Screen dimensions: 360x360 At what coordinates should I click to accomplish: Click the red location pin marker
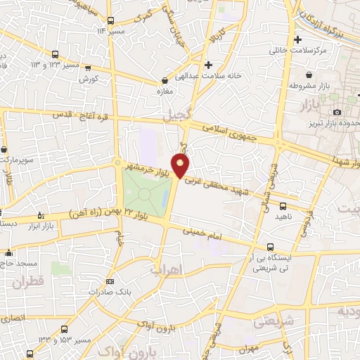pos(181,166)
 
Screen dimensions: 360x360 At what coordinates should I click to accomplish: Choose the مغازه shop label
pos(166,91)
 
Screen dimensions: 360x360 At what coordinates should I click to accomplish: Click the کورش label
pos(88,79)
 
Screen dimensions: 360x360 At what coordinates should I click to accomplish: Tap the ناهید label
pos(283,218)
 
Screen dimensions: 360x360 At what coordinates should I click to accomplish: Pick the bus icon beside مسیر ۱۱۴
pos(110,20)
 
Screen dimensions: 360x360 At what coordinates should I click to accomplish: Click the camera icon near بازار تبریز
pos(337,112)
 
